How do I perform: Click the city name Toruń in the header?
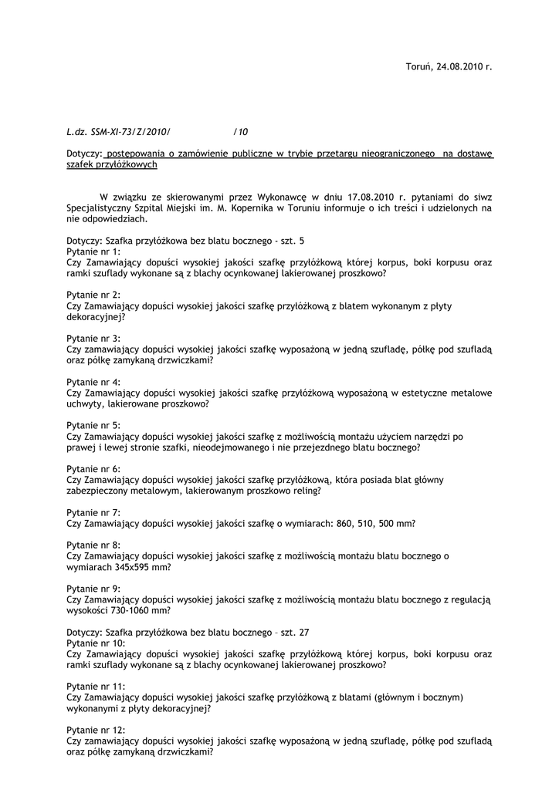(418, 67)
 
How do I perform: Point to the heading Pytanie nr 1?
(93, 252)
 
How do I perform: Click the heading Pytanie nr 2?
(93, 295)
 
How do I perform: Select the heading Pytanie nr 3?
(93, 338)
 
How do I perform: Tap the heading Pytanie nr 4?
(93, 382)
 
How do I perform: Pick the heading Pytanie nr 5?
(93, 425)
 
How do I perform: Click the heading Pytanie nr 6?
(93, 468)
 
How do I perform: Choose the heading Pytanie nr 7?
(93, 512)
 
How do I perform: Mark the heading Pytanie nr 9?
(93, 588)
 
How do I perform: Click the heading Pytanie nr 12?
(96, 729)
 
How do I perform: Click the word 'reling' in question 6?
(305, 491)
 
